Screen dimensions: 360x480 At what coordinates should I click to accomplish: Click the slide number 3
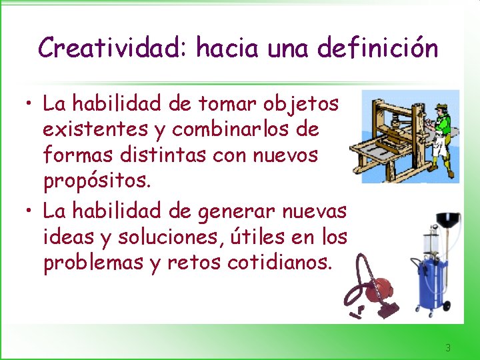pyautogui.click(x=448, y=347)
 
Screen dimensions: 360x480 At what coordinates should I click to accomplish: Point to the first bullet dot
pyautogui.click(x=27, y=105)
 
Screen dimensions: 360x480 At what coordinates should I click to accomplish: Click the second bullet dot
pyautogui.click(x=27, y=213)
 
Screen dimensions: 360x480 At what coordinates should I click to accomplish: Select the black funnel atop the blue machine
pyautogui.click(x=447, y=221)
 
